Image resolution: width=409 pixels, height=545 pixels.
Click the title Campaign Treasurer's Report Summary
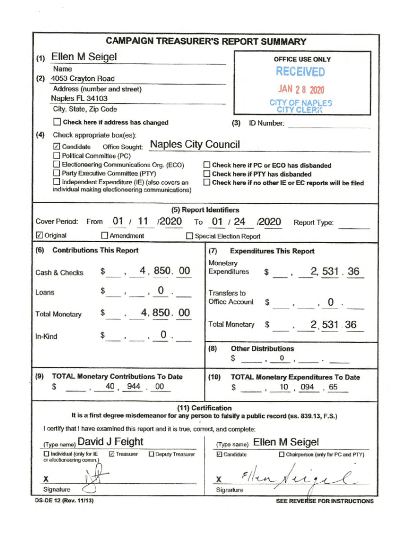(206, 42)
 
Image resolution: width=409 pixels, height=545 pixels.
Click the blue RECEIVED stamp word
(300, 72)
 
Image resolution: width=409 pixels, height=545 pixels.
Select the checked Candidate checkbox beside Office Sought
(56, 146)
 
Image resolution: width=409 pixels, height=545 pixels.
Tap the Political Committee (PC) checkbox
(56, 155)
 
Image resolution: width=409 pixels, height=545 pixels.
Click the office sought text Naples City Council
(195, 145)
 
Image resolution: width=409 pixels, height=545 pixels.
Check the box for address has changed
(56, 122)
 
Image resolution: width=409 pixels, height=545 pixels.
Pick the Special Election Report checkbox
(190, 236)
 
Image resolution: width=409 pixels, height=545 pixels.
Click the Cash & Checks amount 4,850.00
(164, 271)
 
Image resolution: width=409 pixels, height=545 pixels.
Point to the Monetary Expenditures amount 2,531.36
(335, 272)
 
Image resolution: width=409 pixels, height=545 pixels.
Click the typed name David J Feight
(110, 442)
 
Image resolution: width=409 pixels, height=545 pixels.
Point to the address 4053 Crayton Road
(82, 79)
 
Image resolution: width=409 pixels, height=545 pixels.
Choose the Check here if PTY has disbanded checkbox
(207, 174)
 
